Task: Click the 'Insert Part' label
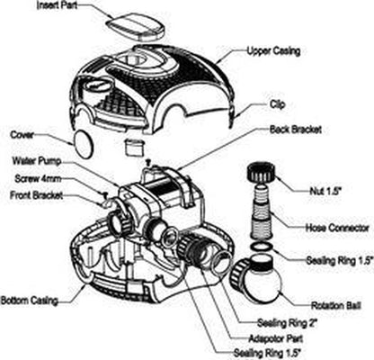pos(57,5)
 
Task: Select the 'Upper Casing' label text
pos(273,51)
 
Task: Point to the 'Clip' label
pos(278,104)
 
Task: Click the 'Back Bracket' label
pos(296,130)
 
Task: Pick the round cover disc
pos(82,144)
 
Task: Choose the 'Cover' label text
pos(22,135)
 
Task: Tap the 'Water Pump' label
pos(37,161)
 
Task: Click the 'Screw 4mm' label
pos(38,179)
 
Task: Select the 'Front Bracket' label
pos(37,195)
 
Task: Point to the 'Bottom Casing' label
pos(29,301)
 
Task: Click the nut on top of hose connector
pos(261,172)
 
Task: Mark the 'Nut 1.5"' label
pos(325,191)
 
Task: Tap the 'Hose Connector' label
pos(337,228)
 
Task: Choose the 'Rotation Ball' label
pos(335,306)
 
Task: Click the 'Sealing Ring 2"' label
pos(287,323)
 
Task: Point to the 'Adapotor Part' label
pos(276,338)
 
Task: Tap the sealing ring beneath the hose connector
pos(262,247)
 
